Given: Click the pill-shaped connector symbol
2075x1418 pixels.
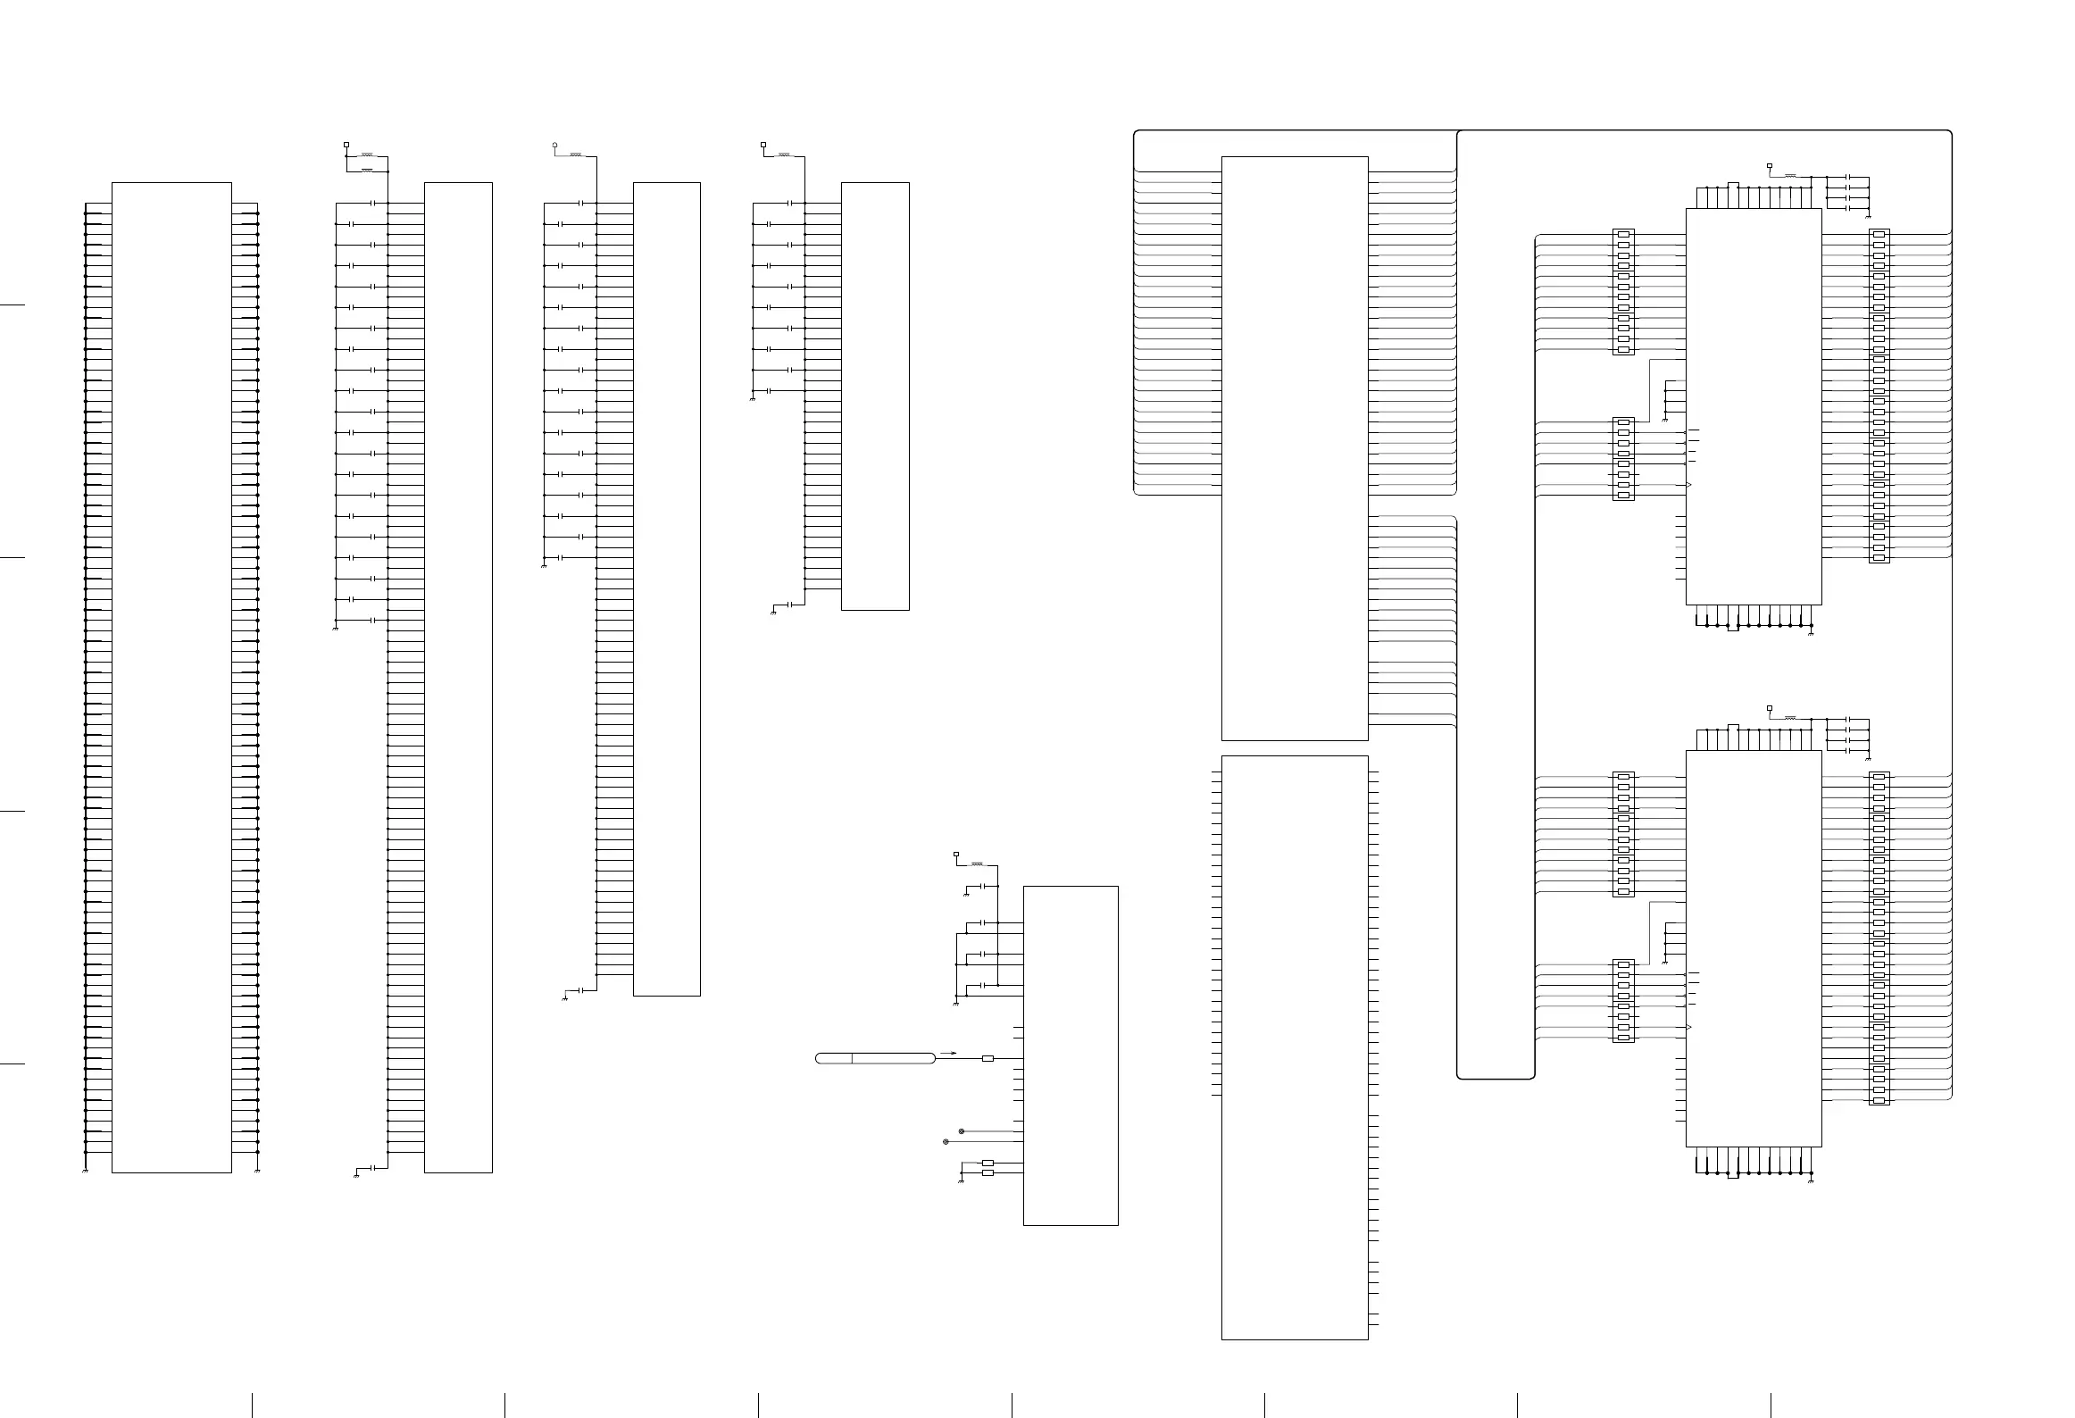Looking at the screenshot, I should tap(876, 1058).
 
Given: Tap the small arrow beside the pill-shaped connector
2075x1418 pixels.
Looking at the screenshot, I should tap(949, 1054).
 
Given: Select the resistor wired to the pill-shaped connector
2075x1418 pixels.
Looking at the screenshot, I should tap(987, 1058).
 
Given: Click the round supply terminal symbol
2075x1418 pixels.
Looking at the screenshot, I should tap(554, 144).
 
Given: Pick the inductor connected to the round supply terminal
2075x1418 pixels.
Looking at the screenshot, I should tap(577, 156).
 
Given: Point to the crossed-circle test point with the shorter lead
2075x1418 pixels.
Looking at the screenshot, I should tap(961, 1131).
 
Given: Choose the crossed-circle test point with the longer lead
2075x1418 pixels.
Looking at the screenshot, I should tap(946, 1142).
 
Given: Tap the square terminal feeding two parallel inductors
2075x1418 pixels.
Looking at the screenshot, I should tap(346, 144).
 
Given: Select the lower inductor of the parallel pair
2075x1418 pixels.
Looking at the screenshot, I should tap(366, 170).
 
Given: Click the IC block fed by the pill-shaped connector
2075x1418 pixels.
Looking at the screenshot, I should tap(1070, 1055).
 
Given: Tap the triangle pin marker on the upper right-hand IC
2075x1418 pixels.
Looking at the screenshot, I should tap(1688, 485).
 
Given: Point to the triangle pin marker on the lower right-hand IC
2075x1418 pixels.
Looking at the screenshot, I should tap(1688, 1028).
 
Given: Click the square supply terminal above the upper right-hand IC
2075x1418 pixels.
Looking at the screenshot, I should tap(1770, 166).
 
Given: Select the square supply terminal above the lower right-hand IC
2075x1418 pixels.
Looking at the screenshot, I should tap(1770, 708).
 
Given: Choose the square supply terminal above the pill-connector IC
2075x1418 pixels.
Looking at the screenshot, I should tap(956, 855).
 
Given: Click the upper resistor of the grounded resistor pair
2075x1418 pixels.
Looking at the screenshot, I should tap(987, 1163).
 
